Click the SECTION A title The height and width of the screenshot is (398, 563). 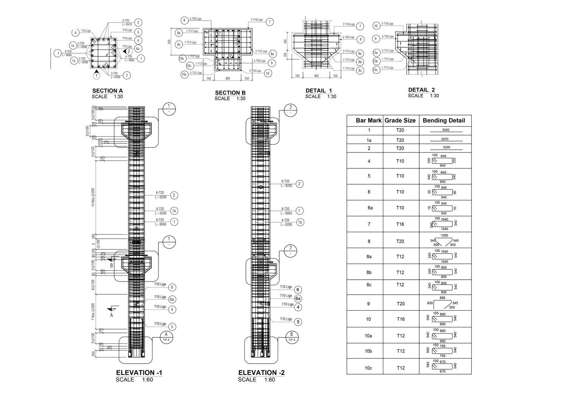click(x=107, y=91)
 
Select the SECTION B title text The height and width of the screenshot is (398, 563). click(x=230, y=93)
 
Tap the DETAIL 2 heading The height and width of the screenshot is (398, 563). click(x=421, y=90)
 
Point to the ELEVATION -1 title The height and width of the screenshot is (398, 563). click(x=139, y=373)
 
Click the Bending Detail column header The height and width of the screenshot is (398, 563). click(x=443, y=121)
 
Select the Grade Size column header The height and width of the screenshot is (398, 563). click(x=400, y=121)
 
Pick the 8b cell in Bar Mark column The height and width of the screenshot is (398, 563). click(x=369, y=272)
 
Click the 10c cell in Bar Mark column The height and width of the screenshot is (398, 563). click(x=369, y=368)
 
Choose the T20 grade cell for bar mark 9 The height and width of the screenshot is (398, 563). click(x=400, y=303)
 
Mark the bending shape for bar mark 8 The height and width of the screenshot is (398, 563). click(x=445, y=241)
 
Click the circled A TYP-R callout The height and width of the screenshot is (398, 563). click(x=166, y=335)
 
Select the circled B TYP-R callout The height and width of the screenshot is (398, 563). click(x=291, y=335)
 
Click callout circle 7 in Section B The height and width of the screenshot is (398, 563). click(x=269, y=22)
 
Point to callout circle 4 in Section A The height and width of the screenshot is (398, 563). click(x=76, y=33)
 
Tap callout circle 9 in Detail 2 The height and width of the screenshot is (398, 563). click(x=376, y=39)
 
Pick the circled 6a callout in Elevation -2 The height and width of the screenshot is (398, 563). click(x=298, y=298)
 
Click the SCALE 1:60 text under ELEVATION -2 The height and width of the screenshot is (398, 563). click(x=252, y=380)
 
